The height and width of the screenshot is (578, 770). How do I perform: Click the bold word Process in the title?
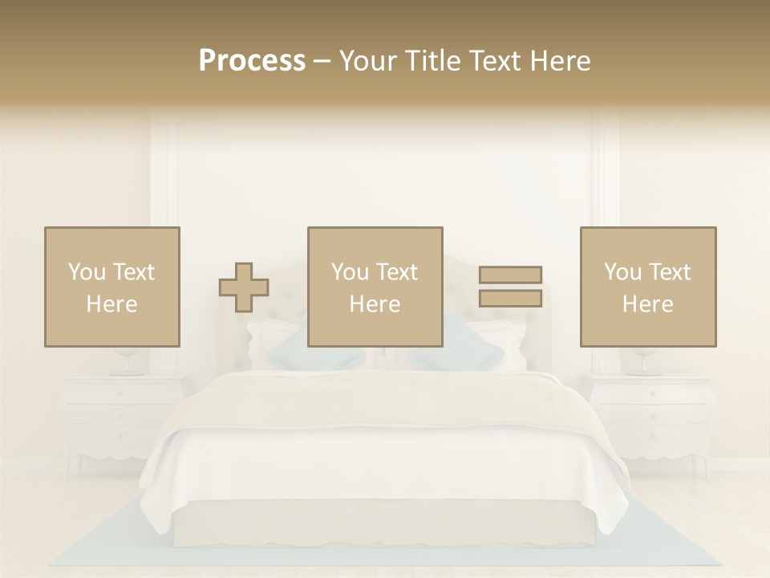pos(252,61)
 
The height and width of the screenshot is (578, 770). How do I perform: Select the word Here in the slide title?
pos(560,61)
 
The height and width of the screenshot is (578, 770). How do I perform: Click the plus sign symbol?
pos(244,287)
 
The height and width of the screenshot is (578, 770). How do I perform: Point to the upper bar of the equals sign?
pos(510,275)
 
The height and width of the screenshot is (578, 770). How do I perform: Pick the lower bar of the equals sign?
pos(510,298)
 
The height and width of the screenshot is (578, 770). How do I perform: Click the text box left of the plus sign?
pos(112,287)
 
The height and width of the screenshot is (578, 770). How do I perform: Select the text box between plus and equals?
pos(375,287)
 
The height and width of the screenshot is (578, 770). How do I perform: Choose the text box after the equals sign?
pos(648,287)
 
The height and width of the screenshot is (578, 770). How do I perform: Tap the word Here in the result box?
pos(648,304)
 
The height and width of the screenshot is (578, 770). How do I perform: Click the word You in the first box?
pos(84,271)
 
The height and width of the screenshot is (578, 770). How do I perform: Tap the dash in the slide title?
pos(322,62)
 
